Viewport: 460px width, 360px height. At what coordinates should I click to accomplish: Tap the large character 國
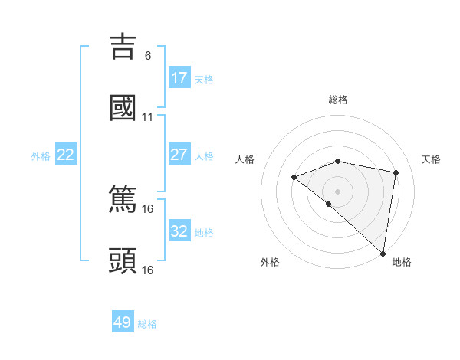(x=123, y=108)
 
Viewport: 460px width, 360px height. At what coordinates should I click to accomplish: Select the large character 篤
(x=123, y=199)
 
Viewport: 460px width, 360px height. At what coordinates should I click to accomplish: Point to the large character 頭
(x=123, y=260)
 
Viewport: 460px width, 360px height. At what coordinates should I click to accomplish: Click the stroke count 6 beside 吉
(x=148, y=56)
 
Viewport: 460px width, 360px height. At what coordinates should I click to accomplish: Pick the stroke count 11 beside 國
(x=148, y=117)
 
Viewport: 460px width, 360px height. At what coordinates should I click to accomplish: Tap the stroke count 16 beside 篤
(x=148, y=208)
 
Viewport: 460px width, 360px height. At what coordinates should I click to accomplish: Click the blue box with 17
(x=179, y=78)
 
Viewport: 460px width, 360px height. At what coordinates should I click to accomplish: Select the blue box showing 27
(x=179, y=155)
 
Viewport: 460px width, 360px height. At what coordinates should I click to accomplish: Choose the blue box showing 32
(x=179, y=231)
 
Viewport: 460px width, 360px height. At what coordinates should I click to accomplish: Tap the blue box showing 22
(x=66, y=155)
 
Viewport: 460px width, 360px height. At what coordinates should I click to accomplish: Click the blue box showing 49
(x=123, y=322)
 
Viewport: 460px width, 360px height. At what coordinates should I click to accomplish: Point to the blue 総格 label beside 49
(x=147, y=324)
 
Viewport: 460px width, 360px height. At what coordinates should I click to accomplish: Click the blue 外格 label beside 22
(x=41, y=156)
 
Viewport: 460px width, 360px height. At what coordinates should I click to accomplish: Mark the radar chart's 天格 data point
(x=396, y=172)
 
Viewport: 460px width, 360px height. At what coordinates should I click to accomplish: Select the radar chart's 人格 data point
(x=294, y=178)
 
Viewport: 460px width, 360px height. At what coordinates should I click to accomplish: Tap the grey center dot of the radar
(x=337, y=191)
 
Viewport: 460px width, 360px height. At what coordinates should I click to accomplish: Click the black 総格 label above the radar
(x=338, y=100)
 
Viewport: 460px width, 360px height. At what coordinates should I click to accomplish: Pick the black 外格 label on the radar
(x=270, y=262)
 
